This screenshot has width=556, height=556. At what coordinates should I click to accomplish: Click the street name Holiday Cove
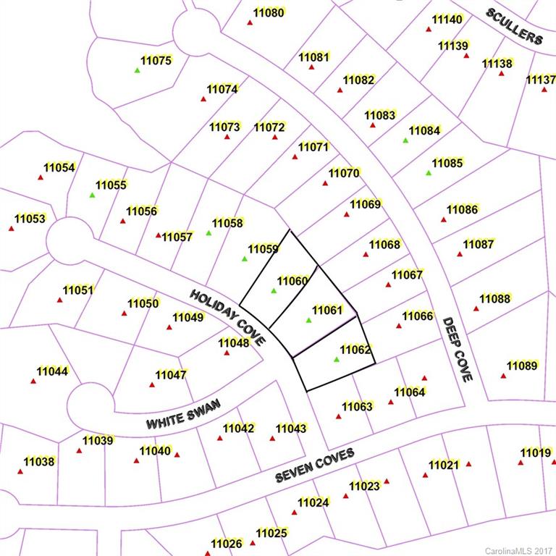point(227,316)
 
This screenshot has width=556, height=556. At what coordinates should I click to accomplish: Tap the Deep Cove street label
point(458,350)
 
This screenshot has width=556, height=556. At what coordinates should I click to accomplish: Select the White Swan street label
point(182,413)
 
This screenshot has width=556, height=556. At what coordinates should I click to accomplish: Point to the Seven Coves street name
point(315,465)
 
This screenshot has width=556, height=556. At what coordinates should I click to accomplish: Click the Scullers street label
point(514,27)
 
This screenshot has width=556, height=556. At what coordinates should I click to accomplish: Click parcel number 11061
point(327,310)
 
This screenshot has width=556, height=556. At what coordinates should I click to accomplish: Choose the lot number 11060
point(292,281)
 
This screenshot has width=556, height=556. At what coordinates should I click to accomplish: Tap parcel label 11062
point(355,350)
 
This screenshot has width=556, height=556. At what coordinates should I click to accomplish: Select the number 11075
point(156,61)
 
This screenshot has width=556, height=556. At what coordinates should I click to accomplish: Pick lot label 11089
point(522,366)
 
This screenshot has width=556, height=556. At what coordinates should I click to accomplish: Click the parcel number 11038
point(39,461)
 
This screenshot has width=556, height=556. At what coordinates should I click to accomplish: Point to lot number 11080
point(269,13)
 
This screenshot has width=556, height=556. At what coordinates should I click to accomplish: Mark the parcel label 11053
point(30,218)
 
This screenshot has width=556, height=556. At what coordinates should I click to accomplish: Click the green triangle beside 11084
point(405,140)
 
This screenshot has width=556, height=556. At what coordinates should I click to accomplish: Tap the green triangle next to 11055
point(92,195)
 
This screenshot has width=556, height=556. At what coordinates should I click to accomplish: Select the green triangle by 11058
point(208,233)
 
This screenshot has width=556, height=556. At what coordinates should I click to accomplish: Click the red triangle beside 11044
point(33,381)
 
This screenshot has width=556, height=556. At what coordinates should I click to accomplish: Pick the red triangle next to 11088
point(476,308)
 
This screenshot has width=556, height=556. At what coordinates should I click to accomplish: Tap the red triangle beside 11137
point(544,89)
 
